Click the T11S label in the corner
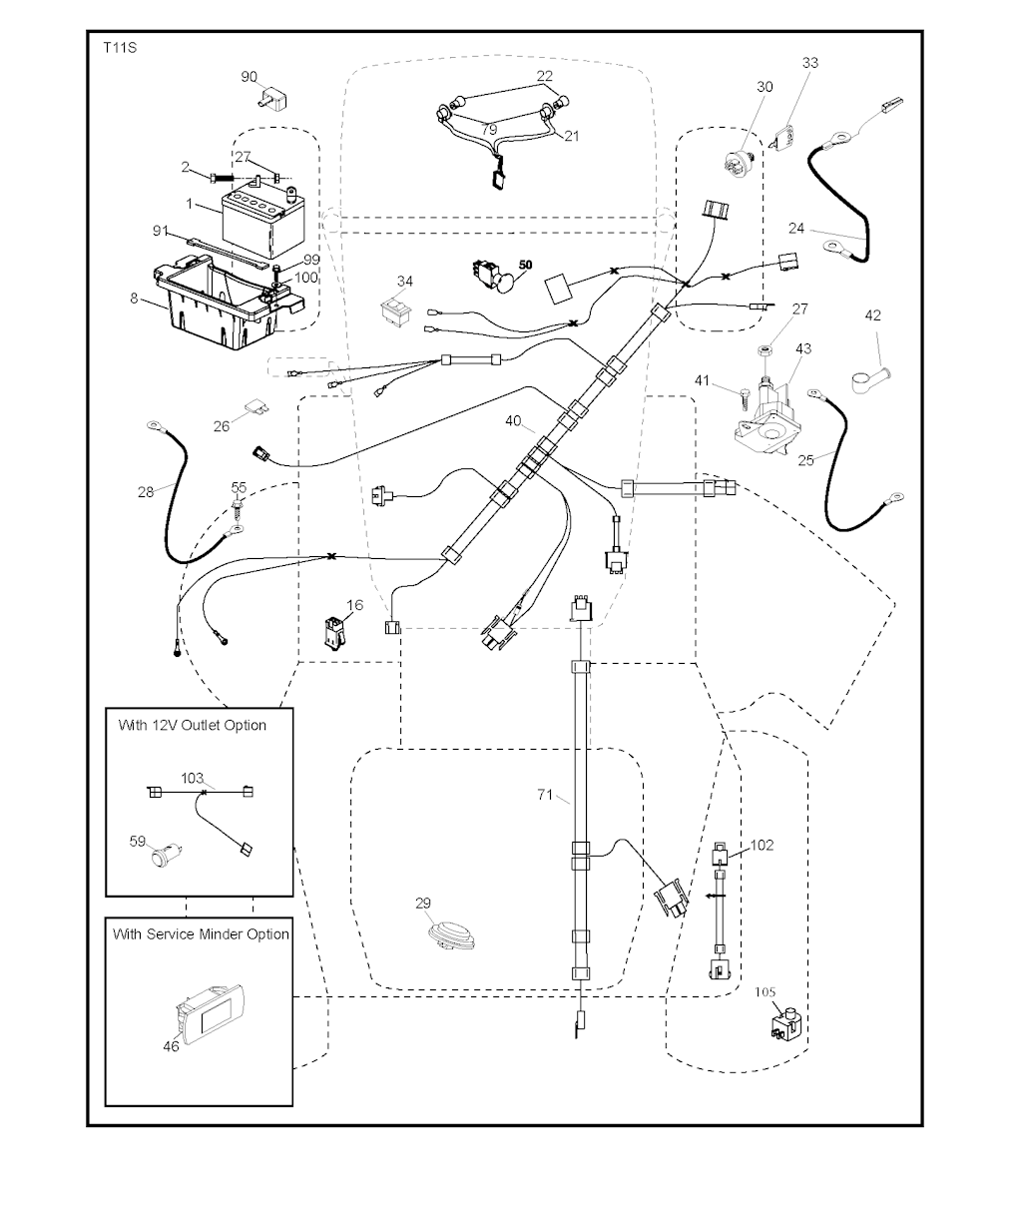[120, 48]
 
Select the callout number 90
[249, 77]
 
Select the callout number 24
[796, 229]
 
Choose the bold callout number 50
[525, 265]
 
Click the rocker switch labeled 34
[397, 310]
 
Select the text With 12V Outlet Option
[192, 725]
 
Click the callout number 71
[545, 794]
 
